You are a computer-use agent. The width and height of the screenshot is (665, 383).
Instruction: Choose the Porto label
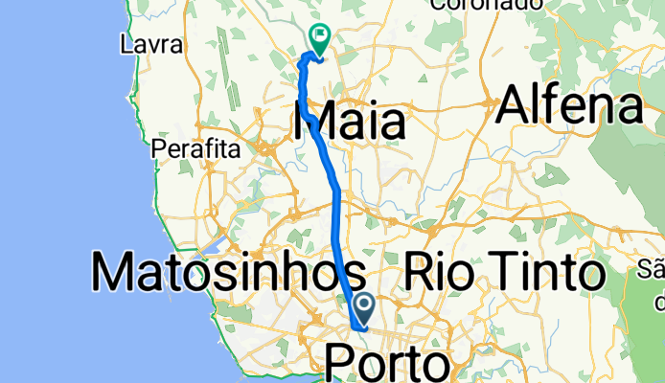tap(387, 365)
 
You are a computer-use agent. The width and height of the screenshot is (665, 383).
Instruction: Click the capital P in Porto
tap(340, 365)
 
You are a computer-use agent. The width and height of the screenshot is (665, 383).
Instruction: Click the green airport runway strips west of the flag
tap(226, 53)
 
